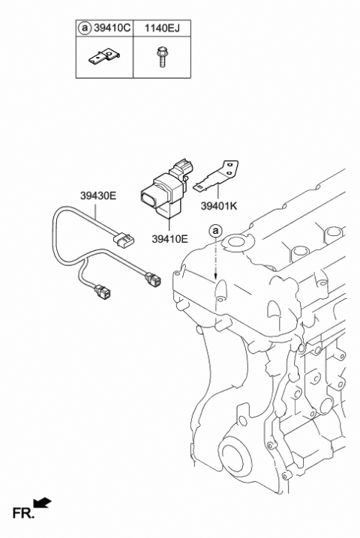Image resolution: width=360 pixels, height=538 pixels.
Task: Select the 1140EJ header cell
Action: tap(162, 29)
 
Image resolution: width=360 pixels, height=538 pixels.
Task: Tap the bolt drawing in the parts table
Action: tap(160, 58)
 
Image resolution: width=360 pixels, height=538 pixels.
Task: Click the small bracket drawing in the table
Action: tap(105, 57)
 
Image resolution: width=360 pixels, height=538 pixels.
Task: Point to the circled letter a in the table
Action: tap(85, 29)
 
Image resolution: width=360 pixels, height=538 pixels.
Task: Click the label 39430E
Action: tap(98, 197)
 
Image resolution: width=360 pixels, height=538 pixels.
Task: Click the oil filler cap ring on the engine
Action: tap(238, 241)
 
